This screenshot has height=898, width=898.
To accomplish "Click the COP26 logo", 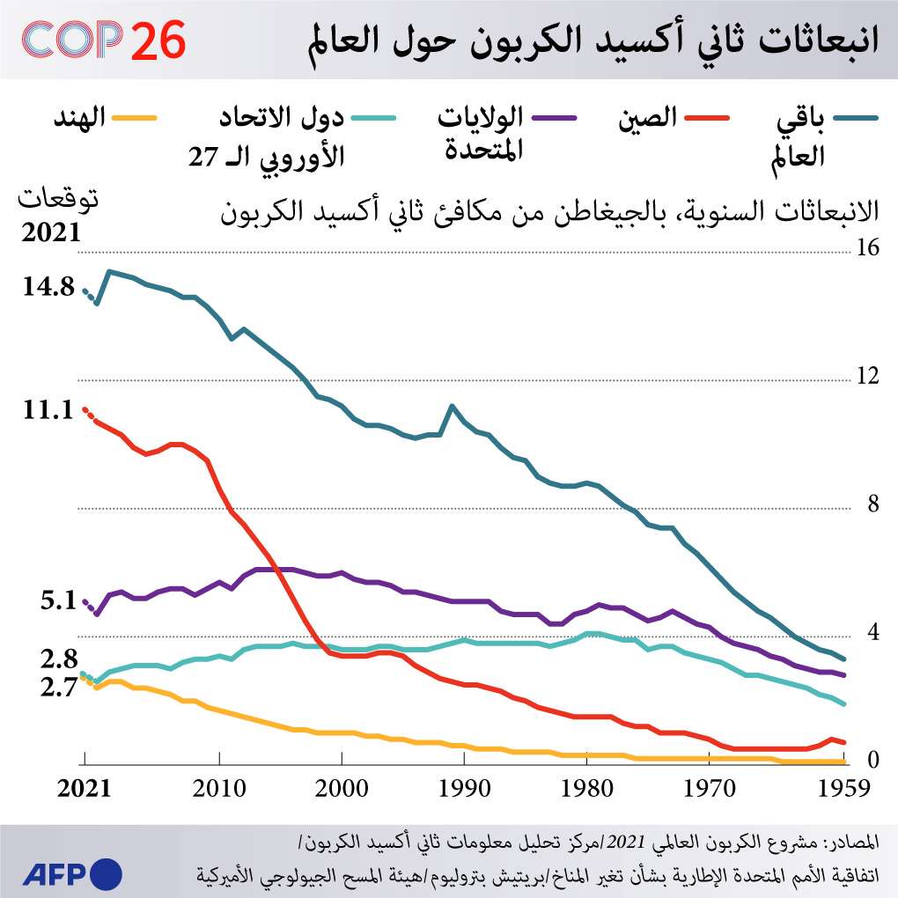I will [x=104, y=40].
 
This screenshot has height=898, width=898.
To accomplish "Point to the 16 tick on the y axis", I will [x=868, y=248].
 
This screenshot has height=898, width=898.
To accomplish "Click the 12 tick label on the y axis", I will [x=868, y=376].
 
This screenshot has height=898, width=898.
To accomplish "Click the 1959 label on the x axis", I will [x=844, y=787].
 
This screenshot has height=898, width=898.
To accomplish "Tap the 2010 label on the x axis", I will [x=218, y=787].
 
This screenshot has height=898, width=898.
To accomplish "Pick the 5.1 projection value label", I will [x=58, y=602].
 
